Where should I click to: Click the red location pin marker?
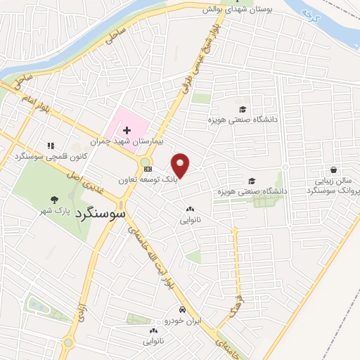[181, 165]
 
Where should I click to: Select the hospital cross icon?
[127, 130]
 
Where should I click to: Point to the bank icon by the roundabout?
[147, 169]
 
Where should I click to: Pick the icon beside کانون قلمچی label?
[50, 146]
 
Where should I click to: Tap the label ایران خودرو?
[182, 321]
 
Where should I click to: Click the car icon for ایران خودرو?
[182, 310]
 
